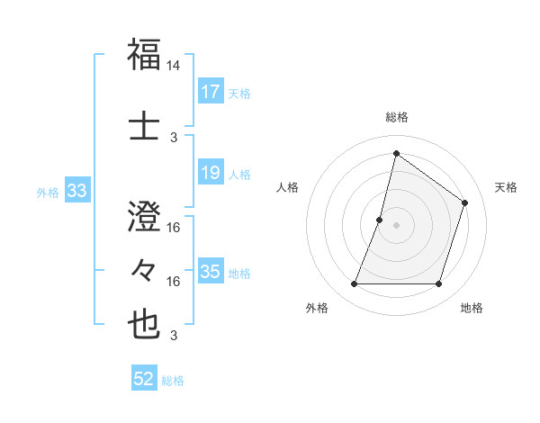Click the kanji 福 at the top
pyautogui.click(x=145, y=54)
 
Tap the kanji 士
pyautogui.click(x=145, y=123)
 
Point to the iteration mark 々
pyautogui.click(x=145, y=269)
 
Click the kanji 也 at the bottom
pyautogui.click(x=145, y=324)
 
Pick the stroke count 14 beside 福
pyautogui.click(x=174, y=66)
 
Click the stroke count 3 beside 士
pyautogui.click(x=174, y=137)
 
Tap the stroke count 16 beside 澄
pyautogui.click(x=174, y=228)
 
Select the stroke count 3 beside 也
pyautogui.click(x=174, y=336)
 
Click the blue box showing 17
pyautogui.click(x=211, y=92)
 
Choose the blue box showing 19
pyautogui.click(x=211, y=173)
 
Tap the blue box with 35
pyautogui.click(x=211, y=272)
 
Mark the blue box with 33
pyautogui.click(x=76, y=191)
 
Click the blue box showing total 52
pyautogui.click(x=144, y=379)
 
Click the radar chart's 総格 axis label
pyautogui.click(x=396, y=117)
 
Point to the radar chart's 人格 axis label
pyautogui.click(x=288, y=187)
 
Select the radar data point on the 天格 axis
pyautogui.click(x=465, y=202)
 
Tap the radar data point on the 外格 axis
pyautogui.click(x=354, y=284)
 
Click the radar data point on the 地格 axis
pyautogui.click(x=439, y=284)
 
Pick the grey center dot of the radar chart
pyautogui.click(x=396, y=225)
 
